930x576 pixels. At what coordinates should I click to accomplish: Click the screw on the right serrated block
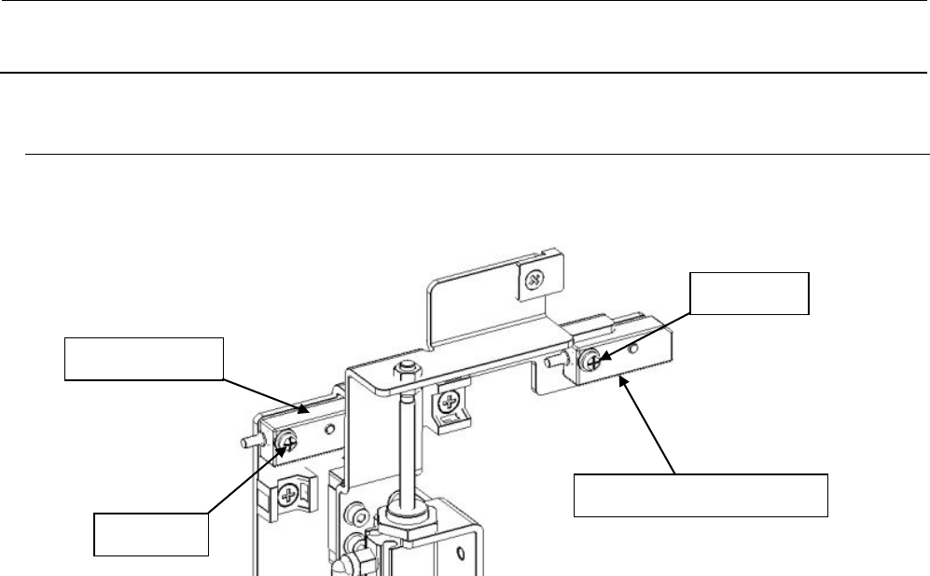[x=590, y=358]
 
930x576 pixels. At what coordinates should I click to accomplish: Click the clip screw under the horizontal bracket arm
[x=451, y=405]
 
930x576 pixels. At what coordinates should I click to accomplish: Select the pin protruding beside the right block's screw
[x=556, y=360]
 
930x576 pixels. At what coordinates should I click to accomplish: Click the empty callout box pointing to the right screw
[x=748, y=293]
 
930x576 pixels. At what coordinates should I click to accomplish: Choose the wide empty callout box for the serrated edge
[x=700, y=494]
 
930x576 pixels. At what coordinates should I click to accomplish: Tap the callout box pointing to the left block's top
[x=144, y=358]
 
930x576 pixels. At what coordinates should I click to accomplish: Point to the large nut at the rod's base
[x=409, y=517]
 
